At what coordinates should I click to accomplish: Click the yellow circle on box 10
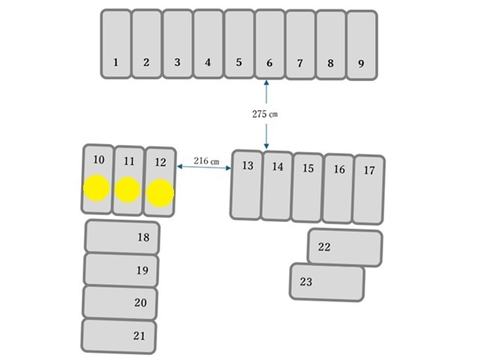click(97, 188)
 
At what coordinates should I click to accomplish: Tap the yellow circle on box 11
click(127, 190)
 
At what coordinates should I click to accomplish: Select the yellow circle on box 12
click(160, 193)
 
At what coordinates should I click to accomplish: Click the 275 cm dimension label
click(265, 114)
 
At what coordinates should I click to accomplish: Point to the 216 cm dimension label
click(206, 160)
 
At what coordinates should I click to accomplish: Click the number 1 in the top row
click(115, 62)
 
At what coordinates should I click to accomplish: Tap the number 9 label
click(361, 63)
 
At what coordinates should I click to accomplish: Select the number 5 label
click(238, 62)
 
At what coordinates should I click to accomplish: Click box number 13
click(247, 185)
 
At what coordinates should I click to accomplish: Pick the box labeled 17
click(368, 190)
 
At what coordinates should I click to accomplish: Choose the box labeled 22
click(345, 247)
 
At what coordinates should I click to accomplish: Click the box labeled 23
click(327, 282)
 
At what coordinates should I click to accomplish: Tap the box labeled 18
click(121, 237)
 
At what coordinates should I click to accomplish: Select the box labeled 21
click(118, 336)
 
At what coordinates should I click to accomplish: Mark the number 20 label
click(140, 302)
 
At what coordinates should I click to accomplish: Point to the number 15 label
click(308, 168)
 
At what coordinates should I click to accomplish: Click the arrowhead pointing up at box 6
click(266, 82)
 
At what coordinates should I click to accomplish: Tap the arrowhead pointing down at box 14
click(266, 146)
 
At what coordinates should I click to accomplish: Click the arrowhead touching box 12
click(180, 166)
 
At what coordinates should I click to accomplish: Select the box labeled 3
click(178, 43)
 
